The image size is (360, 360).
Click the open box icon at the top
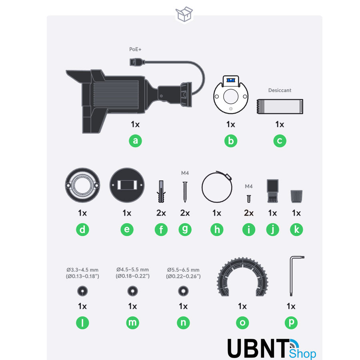pos(184,14)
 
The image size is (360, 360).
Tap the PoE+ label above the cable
pos(135,49)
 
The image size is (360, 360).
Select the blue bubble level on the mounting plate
pos(231,80)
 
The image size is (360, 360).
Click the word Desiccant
pos(280,90)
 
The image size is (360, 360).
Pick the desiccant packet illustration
pos(280,106)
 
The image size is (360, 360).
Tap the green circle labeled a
pos(135,141)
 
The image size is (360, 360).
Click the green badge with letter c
pos(280,141)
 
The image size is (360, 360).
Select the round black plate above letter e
pos(127,185)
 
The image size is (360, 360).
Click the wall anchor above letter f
pos(161,192)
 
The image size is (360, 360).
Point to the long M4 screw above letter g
pos(185,192)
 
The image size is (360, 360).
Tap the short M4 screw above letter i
pos(249,199)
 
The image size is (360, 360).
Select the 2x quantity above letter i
pos(249,213)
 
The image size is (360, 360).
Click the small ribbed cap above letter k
pos(296,196)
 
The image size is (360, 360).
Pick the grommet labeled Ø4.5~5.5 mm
pos(133,291)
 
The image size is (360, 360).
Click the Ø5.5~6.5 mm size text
pos(183,273)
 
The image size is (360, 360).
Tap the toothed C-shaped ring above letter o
pos(220,278)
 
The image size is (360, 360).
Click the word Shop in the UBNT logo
pos(303,354)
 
